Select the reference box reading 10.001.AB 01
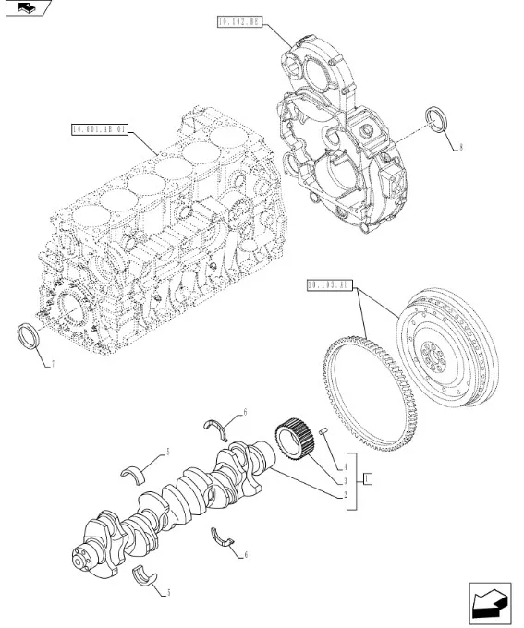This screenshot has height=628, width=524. tap(98, 129)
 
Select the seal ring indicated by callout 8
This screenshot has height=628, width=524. tap(434, 119)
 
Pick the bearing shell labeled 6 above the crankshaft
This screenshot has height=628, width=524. tap(218, 424)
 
